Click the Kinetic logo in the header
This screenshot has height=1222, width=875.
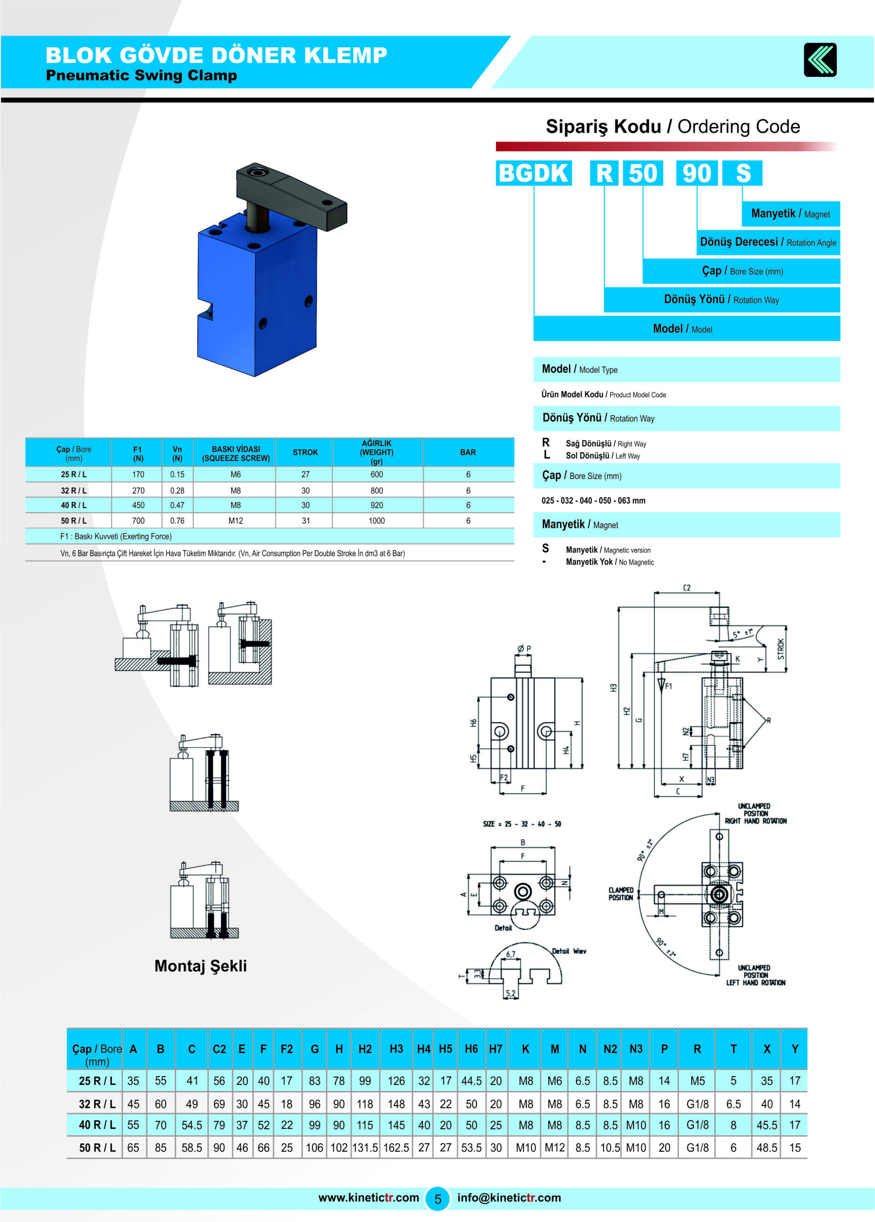pyautogui.click(x=820, y=60)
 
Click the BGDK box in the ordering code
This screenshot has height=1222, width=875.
pyautogui.click(x=533, y=173)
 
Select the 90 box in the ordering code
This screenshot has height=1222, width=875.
pyautogui.click(x=696, y=173)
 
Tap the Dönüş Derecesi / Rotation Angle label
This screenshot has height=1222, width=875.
pyautogui.click(x=768, y=242)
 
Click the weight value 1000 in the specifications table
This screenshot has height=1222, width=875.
pyautogui.click(x=377, y=520)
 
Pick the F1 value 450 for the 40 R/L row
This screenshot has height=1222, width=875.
pyautogui.click(x=138, y=505)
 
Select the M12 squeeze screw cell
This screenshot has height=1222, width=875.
pyautogui.click(x=235, y=520)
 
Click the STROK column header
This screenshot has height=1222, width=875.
pyautogui.click(x=306, y=452)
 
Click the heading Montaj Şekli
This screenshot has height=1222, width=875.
pyautogui.click(x=200, y=966)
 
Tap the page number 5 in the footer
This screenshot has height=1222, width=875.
pyautogui.click(x=437, y=1199)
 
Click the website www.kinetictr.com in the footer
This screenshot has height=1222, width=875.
pyautogui.click(x=369, y=1197)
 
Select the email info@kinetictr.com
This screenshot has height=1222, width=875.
pyautogui.click(x=509, y=1197)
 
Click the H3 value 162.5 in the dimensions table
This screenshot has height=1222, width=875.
pyautogui.click(x=396, y=1148)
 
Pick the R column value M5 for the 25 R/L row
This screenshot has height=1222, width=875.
pyautogui.click(x=697, y=1081)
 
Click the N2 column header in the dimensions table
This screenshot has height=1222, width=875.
pyautogui.click(x=610, y=1049)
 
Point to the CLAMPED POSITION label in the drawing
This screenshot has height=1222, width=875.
pyautogui.click(x=621, y=894)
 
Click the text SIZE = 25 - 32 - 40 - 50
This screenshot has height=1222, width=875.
pyautogui.click(x=522, y=824)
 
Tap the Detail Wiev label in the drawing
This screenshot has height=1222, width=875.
pyautogui.click(x=569, y=951)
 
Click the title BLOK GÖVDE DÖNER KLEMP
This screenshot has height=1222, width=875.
pyautogui.click(x=217, y=55)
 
